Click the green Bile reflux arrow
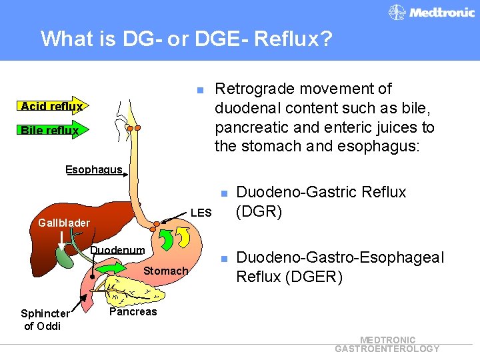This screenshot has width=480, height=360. pyautogui.click(x=50, y=130)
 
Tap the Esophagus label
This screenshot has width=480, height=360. pyautogui.click(x=93, y=169)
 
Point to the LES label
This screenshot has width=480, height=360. pyautogui.click(x=201, y=213)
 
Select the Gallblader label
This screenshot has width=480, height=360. pyautogui.click(x=64, y=222)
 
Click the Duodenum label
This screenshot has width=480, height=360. pyautogui.click(x=117, y=250)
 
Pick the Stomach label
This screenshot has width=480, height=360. pyautogui.click(x=165, y=271)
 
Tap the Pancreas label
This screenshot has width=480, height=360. pyautogui.click(x=133, y=311)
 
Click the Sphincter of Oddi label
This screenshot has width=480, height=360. pyautogui.click(x=44, y=319)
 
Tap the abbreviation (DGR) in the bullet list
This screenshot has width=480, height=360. pyautogui.click(x=259, y=211)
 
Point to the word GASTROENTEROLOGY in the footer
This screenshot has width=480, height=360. pyautogui.click(x=387, y=349)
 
